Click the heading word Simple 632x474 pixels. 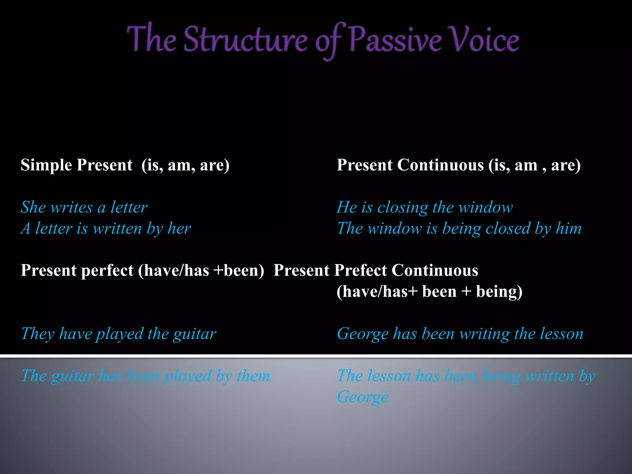[46, 165]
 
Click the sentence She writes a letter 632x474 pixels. [84, 207]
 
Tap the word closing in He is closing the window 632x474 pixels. [402, 207]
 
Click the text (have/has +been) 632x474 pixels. [201, 271]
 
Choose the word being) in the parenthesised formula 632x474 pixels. [499, 292]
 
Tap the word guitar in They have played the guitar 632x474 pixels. [194, 334]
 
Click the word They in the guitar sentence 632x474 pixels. [38, 334]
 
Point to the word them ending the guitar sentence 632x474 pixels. [253, 376]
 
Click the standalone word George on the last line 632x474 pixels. [363, 397]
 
